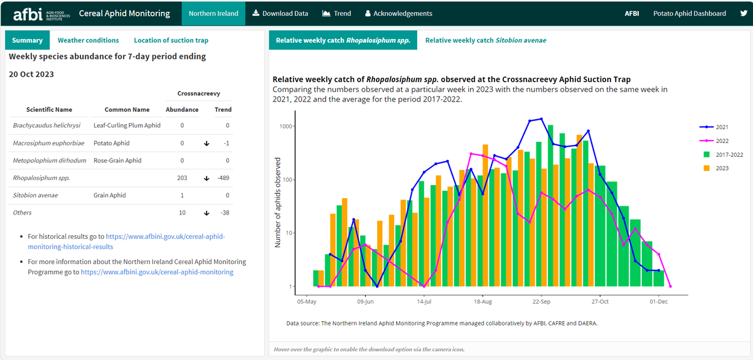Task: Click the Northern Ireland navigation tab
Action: pos(213,13)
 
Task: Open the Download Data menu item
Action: pos(280,13)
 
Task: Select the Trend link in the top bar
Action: pos(337,13)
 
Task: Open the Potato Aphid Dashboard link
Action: pos(689,13)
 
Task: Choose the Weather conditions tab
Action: pos(88,40)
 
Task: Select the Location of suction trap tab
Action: pos(171,40)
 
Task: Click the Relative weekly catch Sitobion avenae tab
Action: pos(485,40)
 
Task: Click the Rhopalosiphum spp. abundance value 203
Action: pos(182,178)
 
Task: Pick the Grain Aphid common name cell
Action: pos(110,196)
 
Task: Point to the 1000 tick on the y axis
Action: pos(286,127)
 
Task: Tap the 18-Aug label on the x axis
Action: pos(482,302)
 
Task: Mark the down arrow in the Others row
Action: pos(206,213)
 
